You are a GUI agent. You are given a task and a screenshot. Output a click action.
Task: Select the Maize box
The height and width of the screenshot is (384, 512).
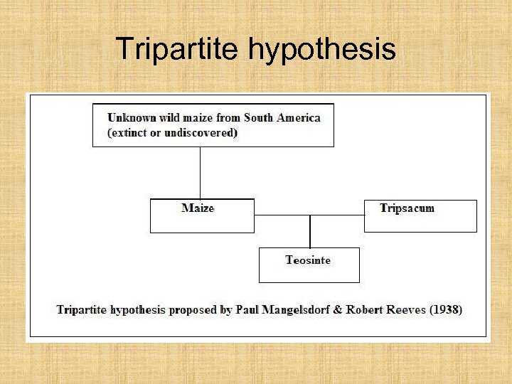[202, 215]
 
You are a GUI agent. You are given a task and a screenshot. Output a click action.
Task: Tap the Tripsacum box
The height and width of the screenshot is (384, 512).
[420, 215]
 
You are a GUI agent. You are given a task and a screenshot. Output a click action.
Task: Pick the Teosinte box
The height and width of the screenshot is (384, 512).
[309, 265]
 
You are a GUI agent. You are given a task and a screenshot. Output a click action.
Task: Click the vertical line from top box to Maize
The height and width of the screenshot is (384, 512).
[200, 172]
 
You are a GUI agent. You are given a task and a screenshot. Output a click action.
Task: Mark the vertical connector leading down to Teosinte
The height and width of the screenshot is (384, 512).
[310, 231]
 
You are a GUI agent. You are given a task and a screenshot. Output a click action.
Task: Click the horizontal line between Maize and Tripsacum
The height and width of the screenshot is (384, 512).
[309, 215]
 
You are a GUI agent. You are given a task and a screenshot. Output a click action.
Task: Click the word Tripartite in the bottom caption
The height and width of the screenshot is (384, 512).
[81, 309]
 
